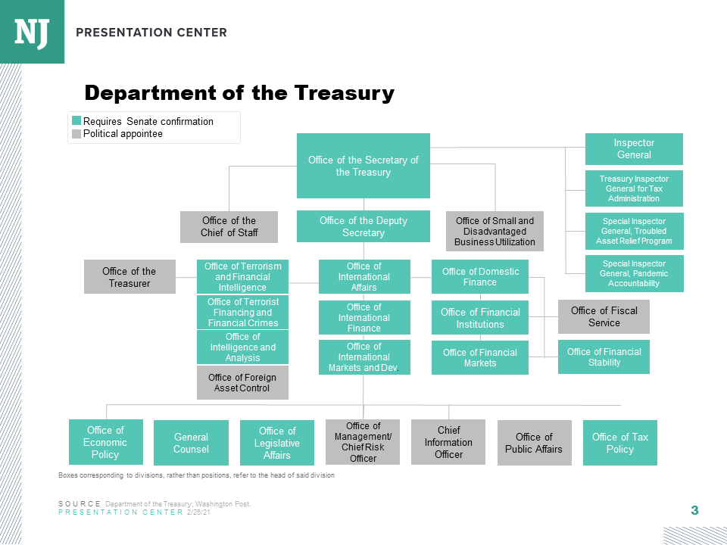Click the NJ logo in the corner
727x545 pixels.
[x=32, y=32]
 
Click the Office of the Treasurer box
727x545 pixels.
[x=129, y=277]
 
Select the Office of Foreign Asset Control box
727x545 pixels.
[x=242, y=382]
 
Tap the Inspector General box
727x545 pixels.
[x=634, y=149]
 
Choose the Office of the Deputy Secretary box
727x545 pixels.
[x=363, y=226]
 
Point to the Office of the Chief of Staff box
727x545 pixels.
[x=229, y=226]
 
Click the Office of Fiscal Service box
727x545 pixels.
[x=604, y=316]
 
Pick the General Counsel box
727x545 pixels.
[x=191, y=443]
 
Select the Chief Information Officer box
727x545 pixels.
[x=448, y=442]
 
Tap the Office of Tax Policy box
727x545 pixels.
[x=620, y=443]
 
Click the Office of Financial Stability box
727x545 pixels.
[x=604, y=357]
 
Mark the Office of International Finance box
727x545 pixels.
[x=364, y=317]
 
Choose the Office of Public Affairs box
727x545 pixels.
[x=535, y=443]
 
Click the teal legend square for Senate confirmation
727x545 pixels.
[x=76, y=121]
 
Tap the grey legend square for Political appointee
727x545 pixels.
[x=76, y=134]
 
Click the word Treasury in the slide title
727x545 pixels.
[x=344, y=93]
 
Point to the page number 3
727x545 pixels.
[x=694, y=510]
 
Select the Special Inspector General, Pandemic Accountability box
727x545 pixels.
[x=635, y=273]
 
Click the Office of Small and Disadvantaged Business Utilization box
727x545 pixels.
[x=495, y=232]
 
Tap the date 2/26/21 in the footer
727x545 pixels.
[x=199, y=512]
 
